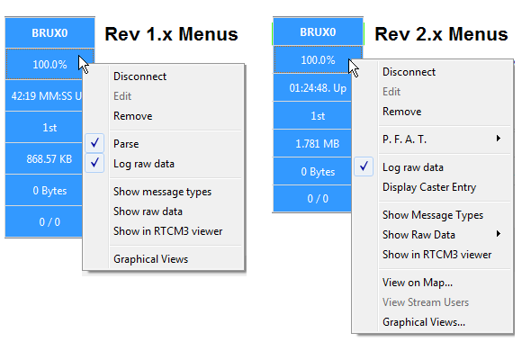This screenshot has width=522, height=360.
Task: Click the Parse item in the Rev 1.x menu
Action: click(x=126, y=144)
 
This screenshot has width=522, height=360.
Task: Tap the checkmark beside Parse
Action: click(x=94, y=143)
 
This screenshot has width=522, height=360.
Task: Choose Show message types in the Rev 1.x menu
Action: click(x=163, y=192)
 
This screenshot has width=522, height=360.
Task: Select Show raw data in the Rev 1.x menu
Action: click(x=148, y=211)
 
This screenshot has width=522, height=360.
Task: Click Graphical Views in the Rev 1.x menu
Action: click(x=151, y=259)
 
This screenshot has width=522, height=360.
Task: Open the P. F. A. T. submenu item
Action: click(x=404, y=139)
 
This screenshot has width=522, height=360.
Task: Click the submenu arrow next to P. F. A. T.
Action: click(x=499, y=139)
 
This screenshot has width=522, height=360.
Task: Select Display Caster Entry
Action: click(x=429, y=187)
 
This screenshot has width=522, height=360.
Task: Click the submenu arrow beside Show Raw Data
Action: click(x=499, y=234)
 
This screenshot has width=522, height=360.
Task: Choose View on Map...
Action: click(x=418, y=283)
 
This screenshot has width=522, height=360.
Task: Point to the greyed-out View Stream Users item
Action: click(x=426, y=302)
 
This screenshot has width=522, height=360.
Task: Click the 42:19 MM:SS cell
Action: click(x=44, y=96)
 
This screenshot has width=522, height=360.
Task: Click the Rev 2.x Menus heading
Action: click(x=441, y=34)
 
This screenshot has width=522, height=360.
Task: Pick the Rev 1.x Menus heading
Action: click(x=171, y=34)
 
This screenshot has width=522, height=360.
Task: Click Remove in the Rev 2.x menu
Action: click(x=401, y=112)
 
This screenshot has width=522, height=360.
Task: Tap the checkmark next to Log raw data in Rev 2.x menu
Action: click(x=364, y=166)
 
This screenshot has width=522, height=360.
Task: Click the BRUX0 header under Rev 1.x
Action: click(x=49, y=32)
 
